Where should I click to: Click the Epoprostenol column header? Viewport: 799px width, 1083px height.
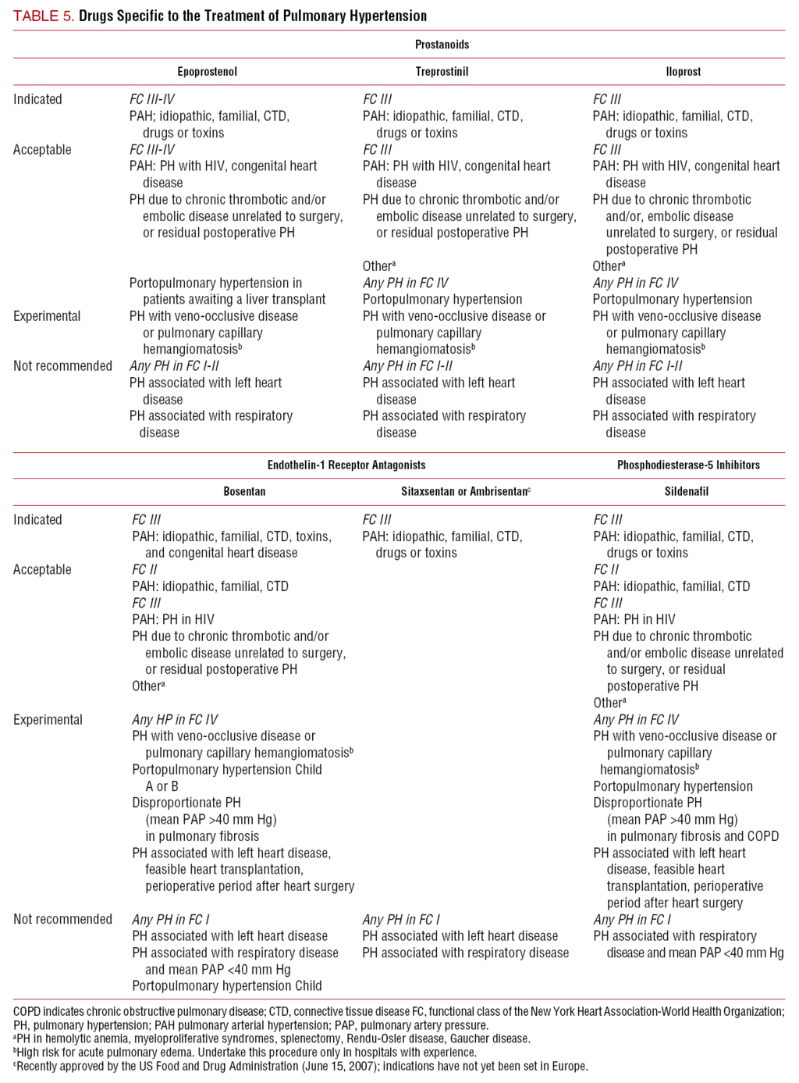pos(207,72)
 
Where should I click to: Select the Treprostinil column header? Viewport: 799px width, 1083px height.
pos(442,72)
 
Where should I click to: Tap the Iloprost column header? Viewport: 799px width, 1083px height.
pos(684,72)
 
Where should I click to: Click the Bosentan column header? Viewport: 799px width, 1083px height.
pos(244,492)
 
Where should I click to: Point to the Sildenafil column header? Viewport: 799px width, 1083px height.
pos(687,492)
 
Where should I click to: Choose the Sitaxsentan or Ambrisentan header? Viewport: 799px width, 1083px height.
pos(465,492)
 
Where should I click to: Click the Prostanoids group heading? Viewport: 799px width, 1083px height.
pos(442,45)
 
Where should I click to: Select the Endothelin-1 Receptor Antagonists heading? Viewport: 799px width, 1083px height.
pos(346,465)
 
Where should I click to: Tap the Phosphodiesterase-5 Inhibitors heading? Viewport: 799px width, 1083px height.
pos(688,465)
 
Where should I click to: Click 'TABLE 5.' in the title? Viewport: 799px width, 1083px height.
pos(44,16)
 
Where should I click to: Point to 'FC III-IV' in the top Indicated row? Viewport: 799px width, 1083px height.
pos(152,99)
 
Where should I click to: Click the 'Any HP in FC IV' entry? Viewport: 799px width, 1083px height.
pos(175,719)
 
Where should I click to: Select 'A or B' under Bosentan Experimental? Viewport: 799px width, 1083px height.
pos(162,786)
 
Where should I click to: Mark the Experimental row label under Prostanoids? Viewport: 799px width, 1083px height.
pos(47,316)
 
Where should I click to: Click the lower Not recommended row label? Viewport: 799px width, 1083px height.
pos(62,919)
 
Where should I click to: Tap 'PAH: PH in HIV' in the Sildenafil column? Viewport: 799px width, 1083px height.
pos(634,619)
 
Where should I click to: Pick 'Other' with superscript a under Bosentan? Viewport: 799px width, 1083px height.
pos(147,686)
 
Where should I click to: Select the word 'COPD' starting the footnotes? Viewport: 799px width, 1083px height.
pos(27,1012)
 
